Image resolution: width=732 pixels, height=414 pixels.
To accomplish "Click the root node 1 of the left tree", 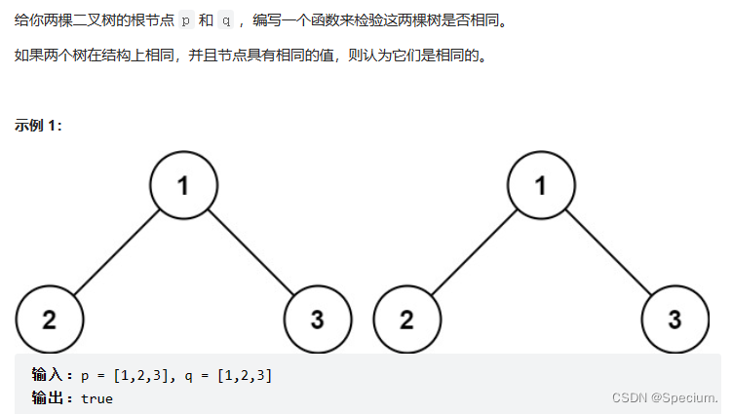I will pyautogui.click(x=183, y=185).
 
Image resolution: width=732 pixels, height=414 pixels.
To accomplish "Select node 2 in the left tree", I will pyautogui.click(x=49, y=320).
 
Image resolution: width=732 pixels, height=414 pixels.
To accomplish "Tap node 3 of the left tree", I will pyautogui.click(x=317, y=320).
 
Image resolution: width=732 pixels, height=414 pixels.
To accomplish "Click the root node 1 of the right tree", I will pyautogui.click(x=541, y=185).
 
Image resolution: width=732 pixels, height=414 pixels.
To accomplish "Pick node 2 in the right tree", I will pyautogui.click(x=406, y=320).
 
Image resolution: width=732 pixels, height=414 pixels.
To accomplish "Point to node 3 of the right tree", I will pyautogui.click(x=674, y=320).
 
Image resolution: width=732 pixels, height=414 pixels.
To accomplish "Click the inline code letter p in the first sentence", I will pyautogui.click(x=186, y=20).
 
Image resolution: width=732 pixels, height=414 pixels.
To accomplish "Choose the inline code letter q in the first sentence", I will pyautogui.click(x=225, y=20).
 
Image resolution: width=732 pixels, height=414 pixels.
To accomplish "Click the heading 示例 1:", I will pyautogui.click(x=39, y=126).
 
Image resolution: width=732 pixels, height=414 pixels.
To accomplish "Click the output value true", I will pyautogui.click(x=97, y=398).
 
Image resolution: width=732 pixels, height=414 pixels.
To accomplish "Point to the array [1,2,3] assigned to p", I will pyautogui.click(x=141, y=375).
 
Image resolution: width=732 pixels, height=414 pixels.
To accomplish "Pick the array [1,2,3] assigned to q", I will pyautogui.click(x=244, y=375).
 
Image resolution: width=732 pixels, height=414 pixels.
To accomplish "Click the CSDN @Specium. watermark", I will pyautogui.click(x=664, y=397).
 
